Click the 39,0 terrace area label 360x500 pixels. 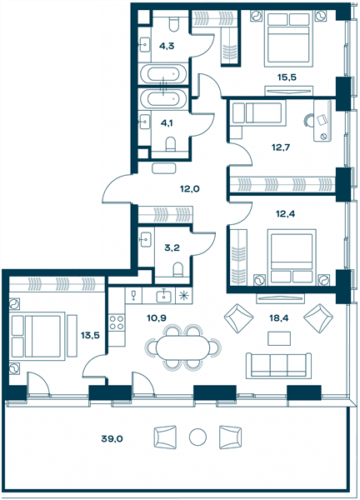point(112,439)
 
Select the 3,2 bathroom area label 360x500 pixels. point(172,247)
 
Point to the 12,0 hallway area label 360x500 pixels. point(189,189)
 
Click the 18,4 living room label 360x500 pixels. point(278,317)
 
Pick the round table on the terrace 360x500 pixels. point(197,437)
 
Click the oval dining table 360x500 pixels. point(183,347)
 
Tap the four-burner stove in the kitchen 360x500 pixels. point(117,322)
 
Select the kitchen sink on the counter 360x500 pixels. point(164,296)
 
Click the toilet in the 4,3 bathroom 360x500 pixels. point(174,24)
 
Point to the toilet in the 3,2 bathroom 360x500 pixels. point(178,269)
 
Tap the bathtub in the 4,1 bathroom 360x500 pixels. point(163,98)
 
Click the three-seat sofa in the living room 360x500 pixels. point(278,366)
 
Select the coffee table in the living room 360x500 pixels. point(279,338)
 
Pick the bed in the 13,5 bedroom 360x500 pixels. point(38,336)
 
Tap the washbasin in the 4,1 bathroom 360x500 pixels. point(145,122)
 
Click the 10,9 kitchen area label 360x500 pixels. point(157,317)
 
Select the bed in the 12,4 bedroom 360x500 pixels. point(292,256)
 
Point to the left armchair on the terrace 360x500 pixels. point(165,437)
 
